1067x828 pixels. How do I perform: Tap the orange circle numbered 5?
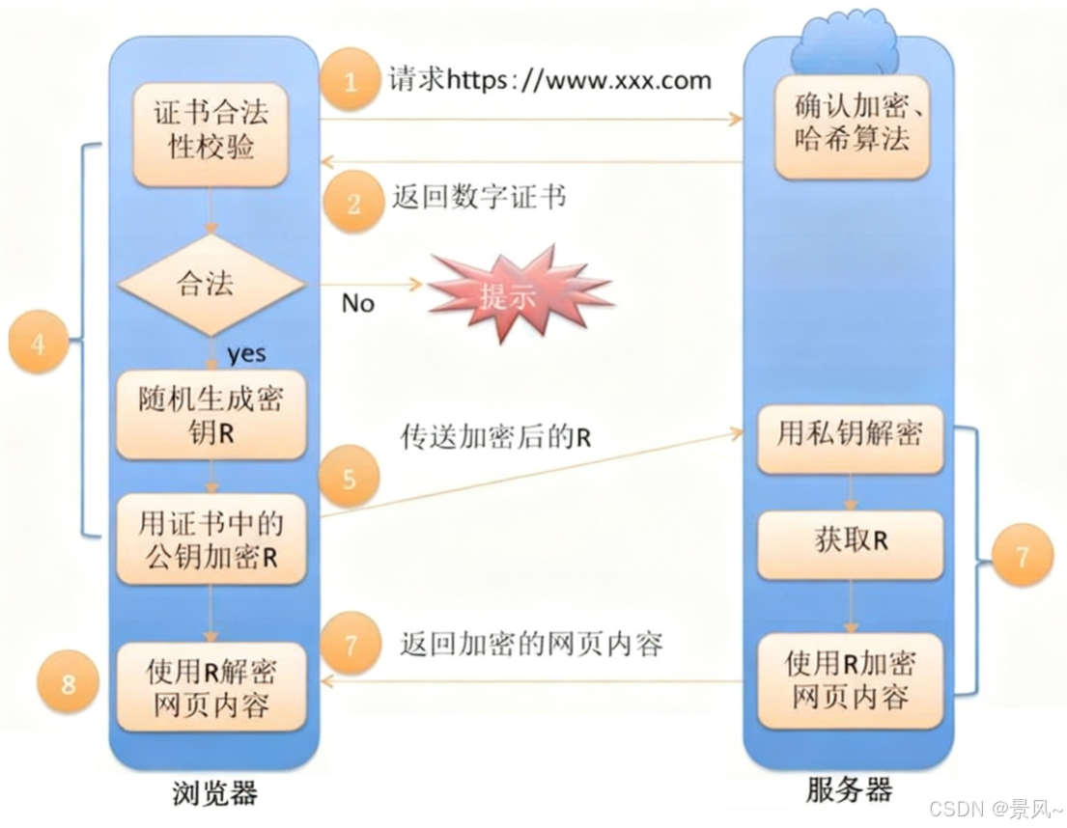pos(351,477)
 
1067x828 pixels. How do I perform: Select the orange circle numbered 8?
pos(68,684)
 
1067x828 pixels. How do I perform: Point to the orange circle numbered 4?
pos(38,344)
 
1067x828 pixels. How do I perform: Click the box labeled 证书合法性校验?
pos(211,134)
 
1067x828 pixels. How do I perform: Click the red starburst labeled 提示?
pos(519,293)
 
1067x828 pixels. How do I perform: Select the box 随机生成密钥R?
pos(211,416)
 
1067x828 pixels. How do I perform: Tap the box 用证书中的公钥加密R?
pos(211,540)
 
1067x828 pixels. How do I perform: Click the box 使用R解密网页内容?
pos(211,686)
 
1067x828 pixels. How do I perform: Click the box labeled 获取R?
pos(850,541)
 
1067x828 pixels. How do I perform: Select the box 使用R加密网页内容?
pos(850,679)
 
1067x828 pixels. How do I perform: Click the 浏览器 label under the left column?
pos(214,793)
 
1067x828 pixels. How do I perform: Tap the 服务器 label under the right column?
pos(849,790)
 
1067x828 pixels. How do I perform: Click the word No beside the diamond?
pos(357,303)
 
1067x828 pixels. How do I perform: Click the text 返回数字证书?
pos(478,199)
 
